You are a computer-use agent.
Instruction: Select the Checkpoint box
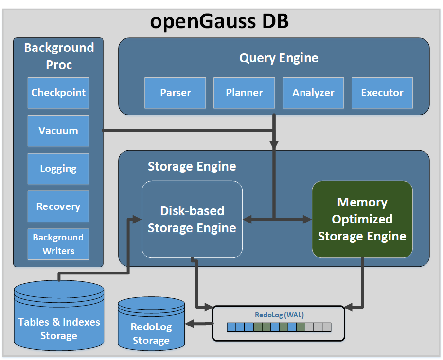click(x=58, y=93)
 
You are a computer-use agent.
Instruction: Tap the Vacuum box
click(x=58, y=131)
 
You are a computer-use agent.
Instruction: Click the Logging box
click(x=58, y=169)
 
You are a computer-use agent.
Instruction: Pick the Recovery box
click(x=58, y=206)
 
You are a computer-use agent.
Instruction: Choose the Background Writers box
click(x=58, y=244)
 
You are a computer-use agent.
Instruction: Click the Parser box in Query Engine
click(x=176, y=93)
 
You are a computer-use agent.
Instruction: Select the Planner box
click(x=244, y=93)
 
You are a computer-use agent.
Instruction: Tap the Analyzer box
click(x=313, y=93)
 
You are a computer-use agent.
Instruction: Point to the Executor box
click(x=382, y=93)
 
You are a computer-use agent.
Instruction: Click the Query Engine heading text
click(x=279, y=58)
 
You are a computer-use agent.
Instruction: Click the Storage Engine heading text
click(x=192, y=167)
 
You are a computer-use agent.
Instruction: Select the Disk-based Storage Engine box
click(x=192, y=219)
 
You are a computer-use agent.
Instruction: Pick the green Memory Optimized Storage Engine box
click(x=362, y=219)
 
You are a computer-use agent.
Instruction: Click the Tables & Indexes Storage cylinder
click(x=59, y=316)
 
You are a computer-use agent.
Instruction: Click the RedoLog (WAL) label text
click(x=279, y=315)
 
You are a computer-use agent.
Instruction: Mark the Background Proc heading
click(x=59, y=56)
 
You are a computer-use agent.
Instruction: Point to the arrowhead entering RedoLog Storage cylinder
click(x=190, y=323)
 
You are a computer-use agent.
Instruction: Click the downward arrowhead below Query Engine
click(x=274, y=144)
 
